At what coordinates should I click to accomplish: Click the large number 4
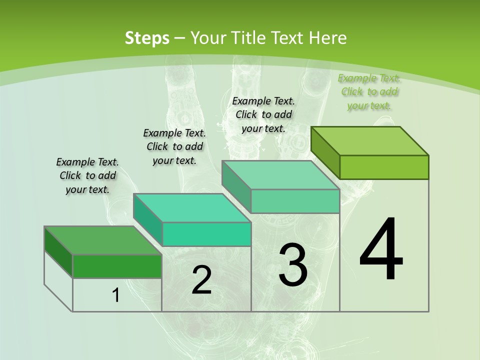click(x=381, y=249)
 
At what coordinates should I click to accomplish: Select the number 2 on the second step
click(x=201, y=280)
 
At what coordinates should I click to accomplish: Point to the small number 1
click(x=116, y=295)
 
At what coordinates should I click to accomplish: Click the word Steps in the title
click(x=147, y=38)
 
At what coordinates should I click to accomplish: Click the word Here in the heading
click(x=328, y=38)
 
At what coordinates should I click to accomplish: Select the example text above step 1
click(x=87, y=175)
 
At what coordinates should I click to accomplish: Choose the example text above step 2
click(x=174, y=146)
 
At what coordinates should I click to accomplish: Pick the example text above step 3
click(x=263, y=114)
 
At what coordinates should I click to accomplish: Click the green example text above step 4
click(x=369, y=91)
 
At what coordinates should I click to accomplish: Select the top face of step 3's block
click(x=281, y=175)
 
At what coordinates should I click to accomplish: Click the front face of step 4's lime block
click(x=384, y=167)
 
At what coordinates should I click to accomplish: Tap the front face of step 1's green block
click(x=117, y=266)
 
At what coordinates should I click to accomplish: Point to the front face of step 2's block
click(x=206, y=234)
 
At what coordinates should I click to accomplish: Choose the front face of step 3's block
click(x=295, y=201)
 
